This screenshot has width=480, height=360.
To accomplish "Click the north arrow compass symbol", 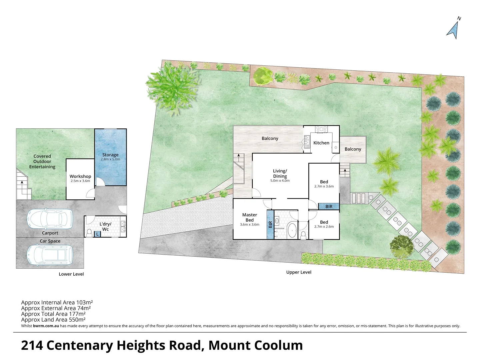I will pos(453,29).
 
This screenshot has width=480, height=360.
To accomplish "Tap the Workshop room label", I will pos(80,176).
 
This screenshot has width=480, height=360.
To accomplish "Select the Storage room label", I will pos(110,155).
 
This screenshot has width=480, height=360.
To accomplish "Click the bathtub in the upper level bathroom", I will pos(292,230).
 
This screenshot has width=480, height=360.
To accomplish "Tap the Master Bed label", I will pos(250,217).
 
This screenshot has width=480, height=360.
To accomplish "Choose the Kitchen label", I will pos(321,143).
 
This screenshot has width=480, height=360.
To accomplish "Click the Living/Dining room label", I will pos(280,174).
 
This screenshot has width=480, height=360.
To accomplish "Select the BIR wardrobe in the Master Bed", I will pos(270,225).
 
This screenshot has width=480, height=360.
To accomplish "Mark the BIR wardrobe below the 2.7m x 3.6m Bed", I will pos(329,207).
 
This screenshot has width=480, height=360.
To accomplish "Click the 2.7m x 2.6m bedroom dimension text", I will pos(324,227).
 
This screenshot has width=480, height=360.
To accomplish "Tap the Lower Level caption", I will pos(71,274).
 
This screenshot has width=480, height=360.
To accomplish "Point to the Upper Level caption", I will pos(299,272).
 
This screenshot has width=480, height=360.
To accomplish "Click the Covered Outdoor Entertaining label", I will pos(42,161).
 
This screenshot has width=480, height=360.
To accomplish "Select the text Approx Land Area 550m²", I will pos(53,320).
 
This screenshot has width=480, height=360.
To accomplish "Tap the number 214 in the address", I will pos(32,345).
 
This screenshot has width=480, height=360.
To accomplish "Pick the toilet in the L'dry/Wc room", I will pos(89,233).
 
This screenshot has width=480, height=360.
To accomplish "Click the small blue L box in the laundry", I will pos(97,234).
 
